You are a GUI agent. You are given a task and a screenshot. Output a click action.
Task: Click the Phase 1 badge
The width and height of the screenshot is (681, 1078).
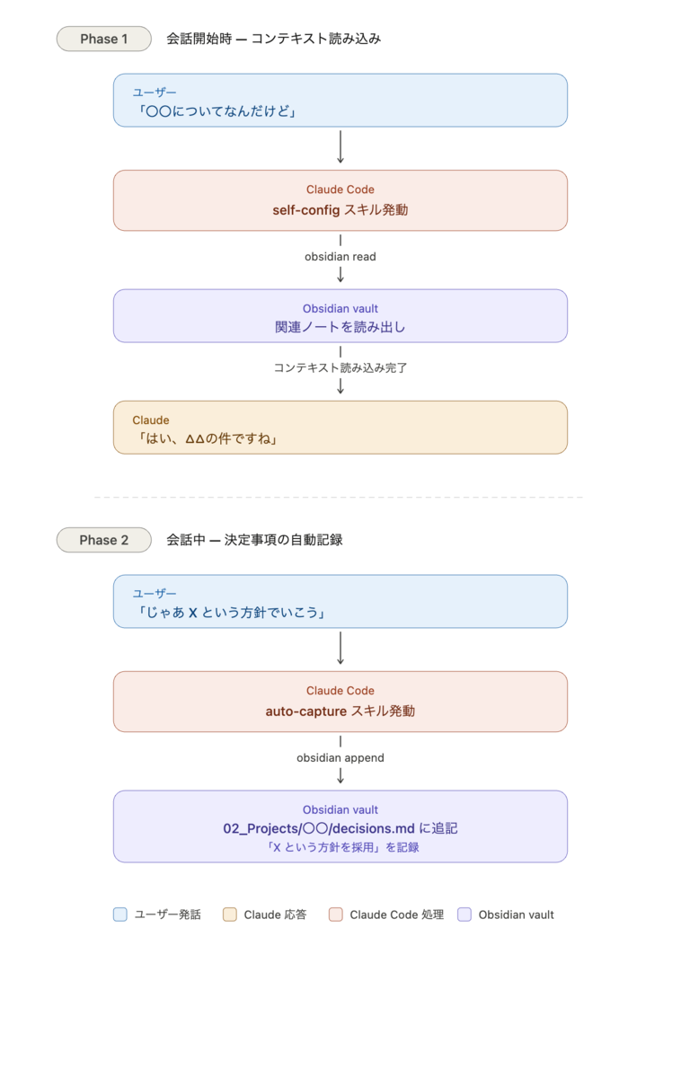[104, 39]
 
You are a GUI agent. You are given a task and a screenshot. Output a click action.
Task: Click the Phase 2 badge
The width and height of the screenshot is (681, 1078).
[104, 540]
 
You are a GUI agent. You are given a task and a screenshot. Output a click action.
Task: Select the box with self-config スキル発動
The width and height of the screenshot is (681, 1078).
[340, 200]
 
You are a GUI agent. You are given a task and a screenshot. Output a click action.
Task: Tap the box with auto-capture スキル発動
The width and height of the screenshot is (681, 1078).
[340, 702]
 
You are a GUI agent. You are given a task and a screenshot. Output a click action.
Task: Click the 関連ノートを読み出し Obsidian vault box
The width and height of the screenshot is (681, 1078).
[340, 315]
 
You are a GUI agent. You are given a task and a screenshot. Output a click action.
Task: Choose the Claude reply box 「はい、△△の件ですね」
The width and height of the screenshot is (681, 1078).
[340, 428]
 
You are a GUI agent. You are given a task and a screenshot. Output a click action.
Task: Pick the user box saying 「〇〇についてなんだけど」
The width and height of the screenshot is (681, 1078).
[340, 100]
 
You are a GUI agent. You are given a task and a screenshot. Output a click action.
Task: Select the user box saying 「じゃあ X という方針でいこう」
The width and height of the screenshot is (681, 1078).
[340, 601]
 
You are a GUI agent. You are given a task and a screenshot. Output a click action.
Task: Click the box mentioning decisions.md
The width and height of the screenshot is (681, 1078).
[340, 826]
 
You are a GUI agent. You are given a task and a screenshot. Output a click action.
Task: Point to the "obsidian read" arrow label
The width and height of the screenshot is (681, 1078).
[340, 257]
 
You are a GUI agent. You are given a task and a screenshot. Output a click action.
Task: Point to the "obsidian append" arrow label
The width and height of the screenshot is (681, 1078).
[340, 758]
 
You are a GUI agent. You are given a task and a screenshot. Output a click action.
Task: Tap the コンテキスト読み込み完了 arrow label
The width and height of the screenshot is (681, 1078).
[340, 367]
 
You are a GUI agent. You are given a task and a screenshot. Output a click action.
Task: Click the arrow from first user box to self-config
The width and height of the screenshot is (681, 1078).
[340, 146]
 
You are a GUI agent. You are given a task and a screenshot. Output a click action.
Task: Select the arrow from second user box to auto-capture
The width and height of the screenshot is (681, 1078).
[340, 649]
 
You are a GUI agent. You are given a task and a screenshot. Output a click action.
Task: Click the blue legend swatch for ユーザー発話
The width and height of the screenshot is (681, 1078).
[120, 915]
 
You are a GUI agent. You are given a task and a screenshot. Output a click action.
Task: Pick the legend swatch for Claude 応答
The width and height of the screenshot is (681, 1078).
[230, 915]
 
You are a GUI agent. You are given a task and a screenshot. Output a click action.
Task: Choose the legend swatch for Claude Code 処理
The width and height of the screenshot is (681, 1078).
[335, 915]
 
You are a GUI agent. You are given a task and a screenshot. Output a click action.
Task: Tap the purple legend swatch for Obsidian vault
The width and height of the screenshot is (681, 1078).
[464, 915]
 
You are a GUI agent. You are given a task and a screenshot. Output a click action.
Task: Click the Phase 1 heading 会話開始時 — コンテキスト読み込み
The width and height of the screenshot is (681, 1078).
[274, 39]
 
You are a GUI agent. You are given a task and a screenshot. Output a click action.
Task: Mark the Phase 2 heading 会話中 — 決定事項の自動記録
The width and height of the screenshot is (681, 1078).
[254, 540]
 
